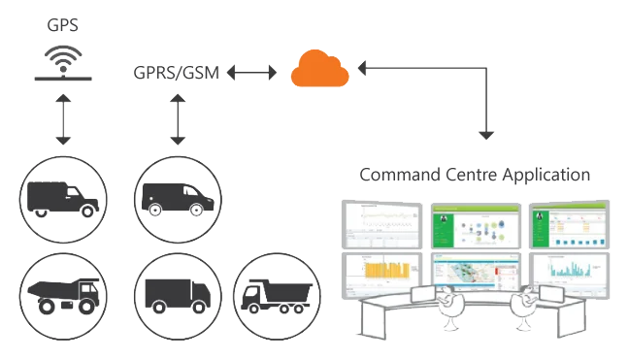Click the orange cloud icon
pos(319,70)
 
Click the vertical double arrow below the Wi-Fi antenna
pos(62,119)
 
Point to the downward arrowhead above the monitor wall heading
pos(485,132)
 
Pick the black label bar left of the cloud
pos(177,73)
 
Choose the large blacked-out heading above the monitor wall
pos(473,176)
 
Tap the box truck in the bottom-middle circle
pos(175,293)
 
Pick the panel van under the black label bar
pos(175,197)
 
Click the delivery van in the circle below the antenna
pos(62,197)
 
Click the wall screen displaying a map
pos(475,275)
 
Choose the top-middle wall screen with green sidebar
pos(475,225)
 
